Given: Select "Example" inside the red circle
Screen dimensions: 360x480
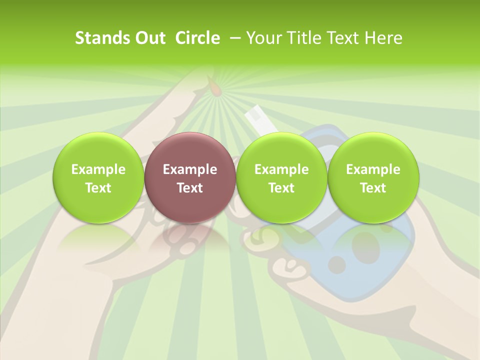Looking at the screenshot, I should (190, 169).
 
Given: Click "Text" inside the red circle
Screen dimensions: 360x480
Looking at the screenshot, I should (190, 188).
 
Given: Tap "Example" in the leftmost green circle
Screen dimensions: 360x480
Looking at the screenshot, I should (98, 169).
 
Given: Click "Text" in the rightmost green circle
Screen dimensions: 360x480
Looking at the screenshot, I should (373, 188).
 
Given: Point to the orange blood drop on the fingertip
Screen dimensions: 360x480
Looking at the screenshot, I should (215, 89).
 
